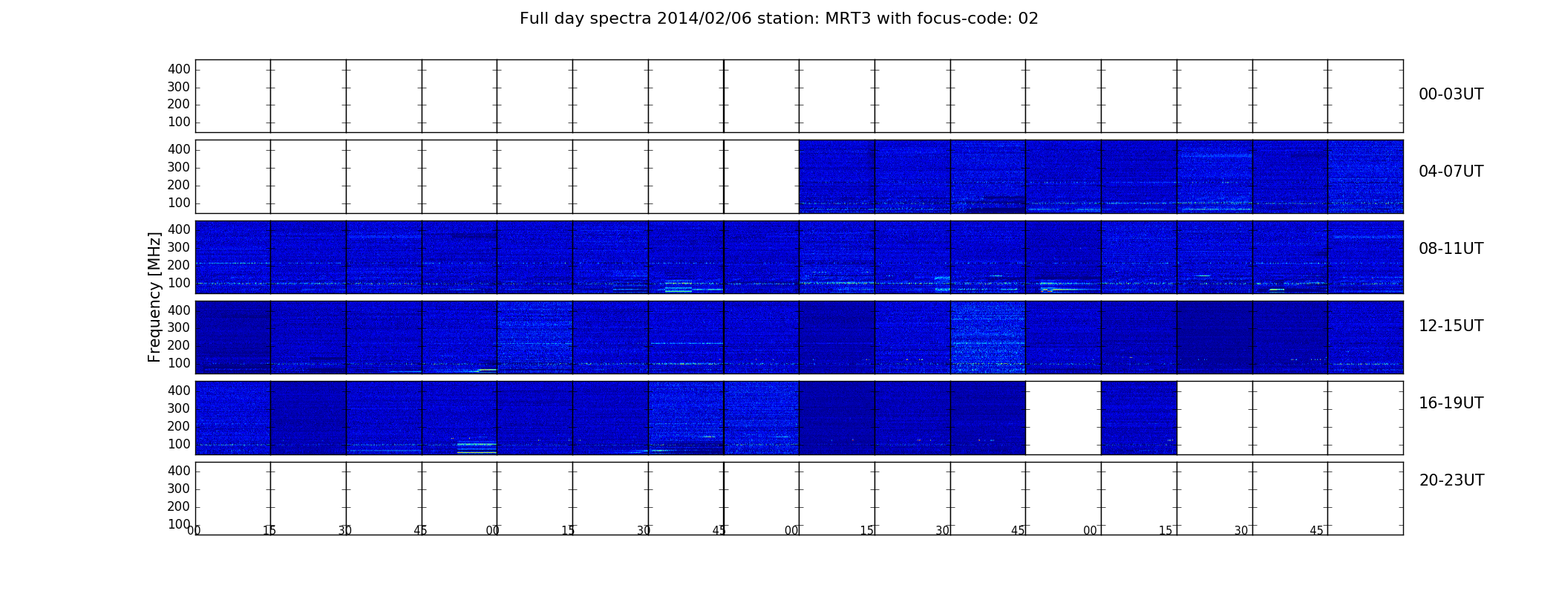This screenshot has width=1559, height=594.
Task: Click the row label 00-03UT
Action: [x=1451, y=94]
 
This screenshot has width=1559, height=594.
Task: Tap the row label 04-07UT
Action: [x=1451, y=172]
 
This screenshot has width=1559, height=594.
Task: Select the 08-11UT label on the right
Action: [x=1451, y=249]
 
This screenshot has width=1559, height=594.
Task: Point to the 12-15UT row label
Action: [x=1451, y=326]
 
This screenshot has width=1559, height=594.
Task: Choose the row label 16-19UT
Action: [x=1451, y=403]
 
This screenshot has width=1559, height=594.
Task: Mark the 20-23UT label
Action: [x=1451, y=480]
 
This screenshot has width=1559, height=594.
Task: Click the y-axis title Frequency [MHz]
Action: [x=154, y=297]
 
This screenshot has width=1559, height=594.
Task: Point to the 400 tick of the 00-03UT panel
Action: [x=179, y=69]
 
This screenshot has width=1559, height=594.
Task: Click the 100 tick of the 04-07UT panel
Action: [x=179, y=203]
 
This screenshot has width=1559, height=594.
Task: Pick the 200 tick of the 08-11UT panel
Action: [x=179, y=265]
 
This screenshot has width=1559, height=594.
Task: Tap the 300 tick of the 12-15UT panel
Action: [x=179, y=327]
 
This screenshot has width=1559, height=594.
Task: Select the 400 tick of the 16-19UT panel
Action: [x=179, y=391]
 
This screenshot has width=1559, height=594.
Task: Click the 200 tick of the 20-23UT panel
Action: [x=179, y=506]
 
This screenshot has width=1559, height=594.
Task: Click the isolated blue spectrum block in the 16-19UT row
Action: [x=1139, y=417]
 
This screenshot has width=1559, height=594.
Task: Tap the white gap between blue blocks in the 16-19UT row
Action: [x=1063, y=417]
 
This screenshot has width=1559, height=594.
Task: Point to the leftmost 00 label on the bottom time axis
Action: [x=194, y=530]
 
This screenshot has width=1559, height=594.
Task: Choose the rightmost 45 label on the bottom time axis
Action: [x=1316, y=530]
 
